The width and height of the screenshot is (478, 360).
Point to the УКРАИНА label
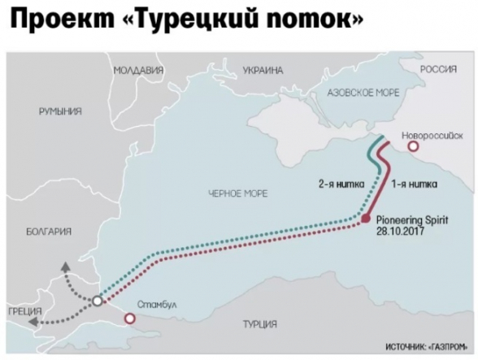[x=263, y=71]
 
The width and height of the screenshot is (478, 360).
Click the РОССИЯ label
[x=438, y=71]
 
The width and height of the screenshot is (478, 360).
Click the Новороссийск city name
[x=432, y=132]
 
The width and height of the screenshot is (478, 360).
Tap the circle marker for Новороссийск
[x=413, y=146]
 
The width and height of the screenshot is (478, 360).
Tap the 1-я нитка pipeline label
[x=415, y=184]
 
